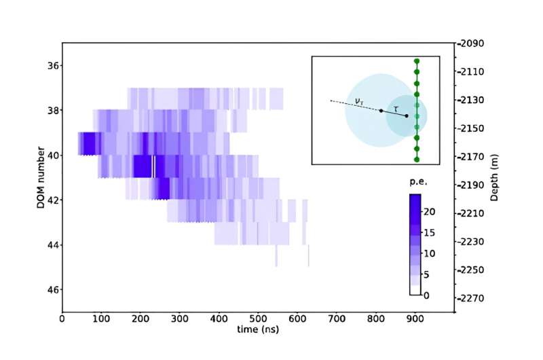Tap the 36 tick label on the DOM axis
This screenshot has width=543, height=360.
52,65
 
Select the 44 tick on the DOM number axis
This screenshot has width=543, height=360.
52,245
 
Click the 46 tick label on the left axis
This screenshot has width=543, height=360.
52,289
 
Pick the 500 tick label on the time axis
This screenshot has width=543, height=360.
258,318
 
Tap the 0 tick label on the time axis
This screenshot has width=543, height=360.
62,318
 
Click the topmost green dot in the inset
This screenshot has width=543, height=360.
417,61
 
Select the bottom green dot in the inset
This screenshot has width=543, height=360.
417,160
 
